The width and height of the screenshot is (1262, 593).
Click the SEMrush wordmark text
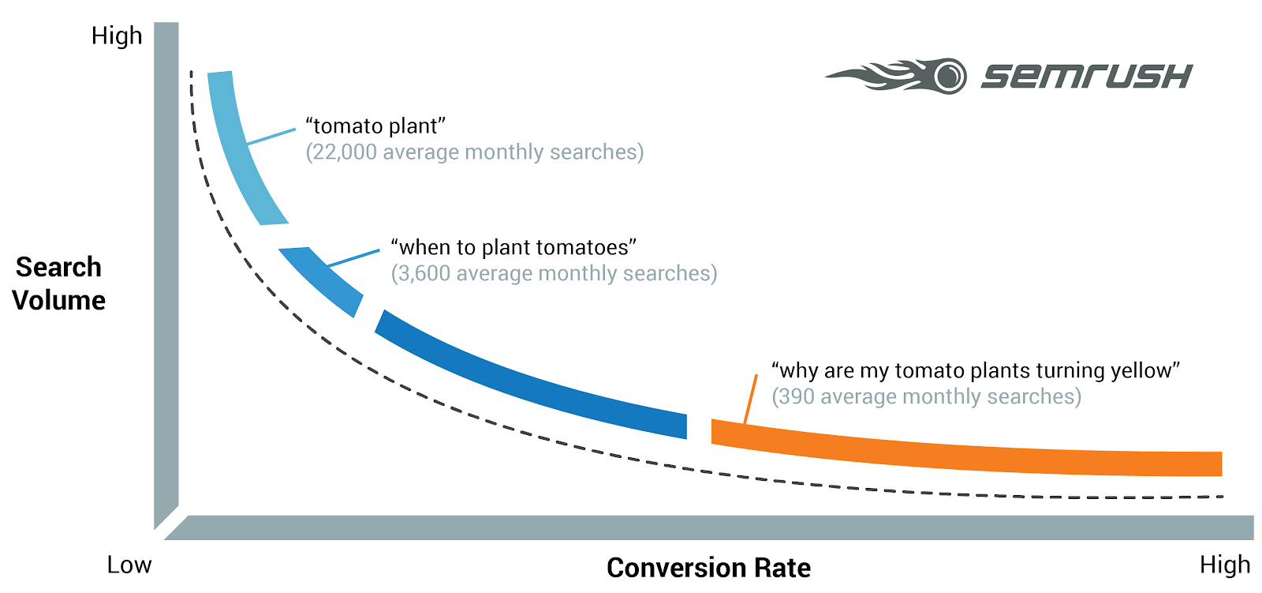(x=1086, y=77)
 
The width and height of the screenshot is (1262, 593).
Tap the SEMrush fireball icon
(x=899, y=77)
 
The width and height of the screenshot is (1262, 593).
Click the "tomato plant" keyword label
(x=375, y=126)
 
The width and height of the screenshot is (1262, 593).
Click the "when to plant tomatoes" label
(x=513, y=247)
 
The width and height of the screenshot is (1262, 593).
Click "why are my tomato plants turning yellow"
(x=975, y=370)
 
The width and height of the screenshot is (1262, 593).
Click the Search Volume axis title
(x=59, y=283)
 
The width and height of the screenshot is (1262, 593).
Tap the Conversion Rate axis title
(x=708, y=568)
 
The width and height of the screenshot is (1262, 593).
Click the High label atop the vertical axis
(x=117, y=36)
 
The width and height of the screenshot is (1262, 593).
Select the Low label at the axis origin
(x=129, y=565)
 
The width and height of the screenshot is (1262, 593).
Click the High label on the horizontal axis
(x=1224, y=565)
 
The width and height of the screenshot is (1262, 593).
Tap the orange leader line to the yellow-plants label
(x=750, y=400)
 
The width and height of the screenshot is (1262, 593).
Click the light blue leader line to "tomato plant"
(x=272, y=136)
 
